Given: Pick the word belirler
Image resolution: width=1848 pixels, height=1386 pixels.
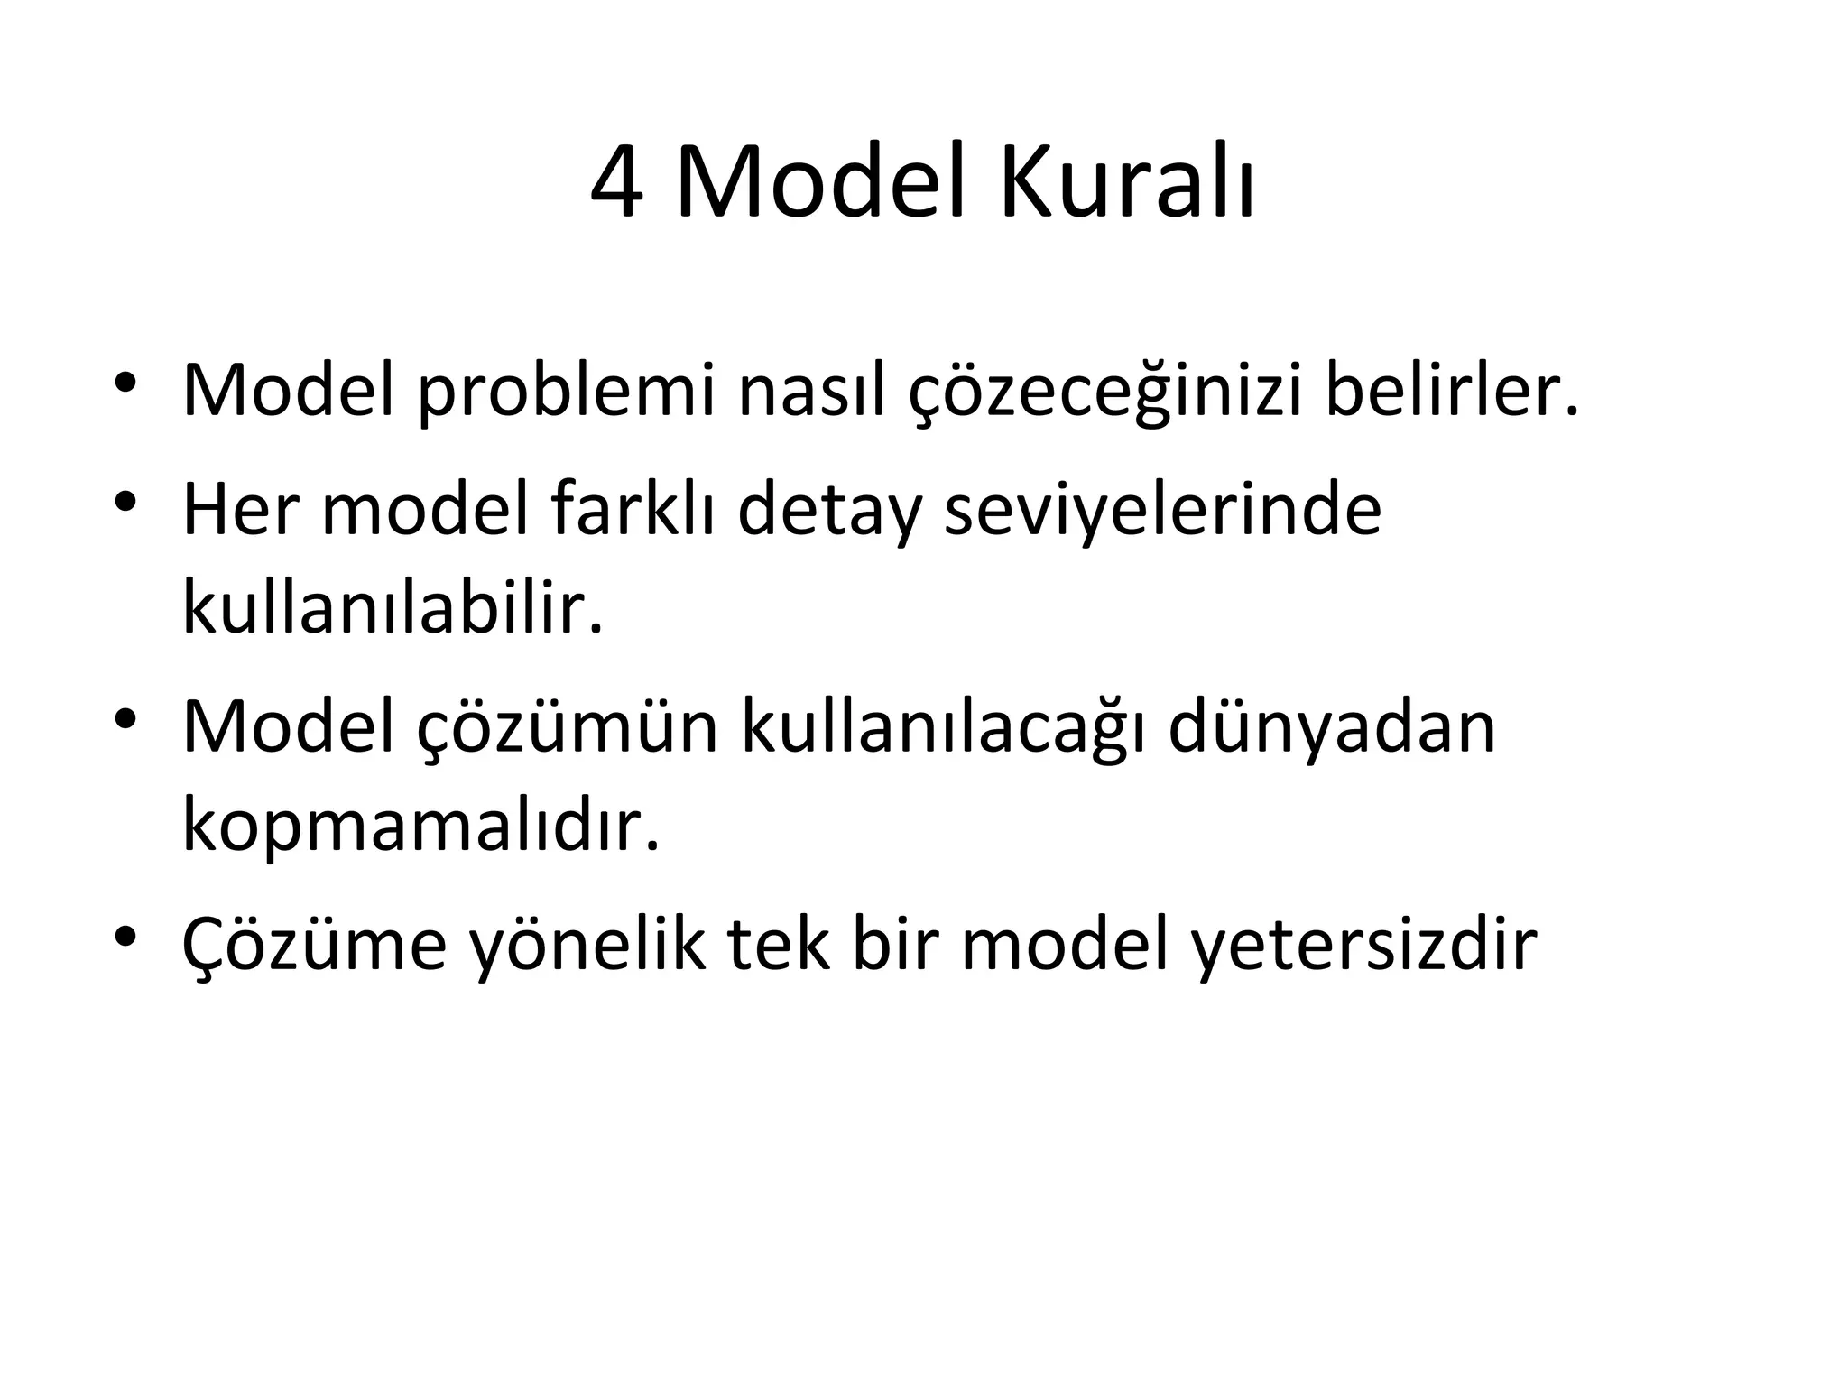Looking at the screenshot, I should click(1452, 392).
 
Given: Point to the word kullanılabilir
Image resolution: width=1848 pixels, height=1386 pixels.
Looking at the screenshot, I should click(393, 607).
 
